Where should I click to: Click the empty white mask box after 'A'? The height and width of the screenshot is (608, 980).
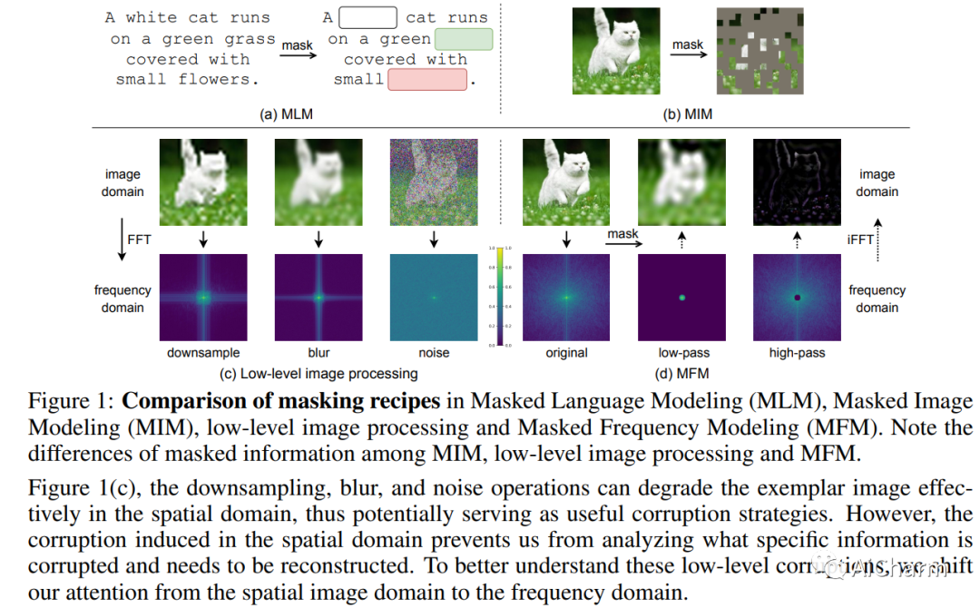(x=367, y=17)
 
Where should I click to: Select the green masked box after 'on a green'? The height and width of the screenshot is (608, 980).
(x=464, y=39)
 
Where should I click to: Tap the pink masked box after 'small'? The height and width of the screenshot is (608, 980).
(x=426, y=79)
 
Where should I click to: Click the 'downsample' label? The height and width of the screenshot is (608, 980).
(x=203, y=352)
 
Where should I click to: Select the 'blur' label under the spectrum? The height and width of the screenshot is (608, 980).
(x=318, y=352)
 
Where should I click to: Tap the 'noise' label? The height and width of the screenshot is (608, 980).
(x=434, y=352)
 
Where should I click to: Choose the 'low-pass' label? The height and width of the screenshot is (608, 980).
(x=683, y=352)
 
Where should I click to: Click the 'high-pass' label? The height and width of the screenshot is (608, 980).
(x=799, y=352)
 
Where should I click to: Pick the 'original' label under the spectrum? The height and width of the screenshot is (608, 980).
(x=567, y=352)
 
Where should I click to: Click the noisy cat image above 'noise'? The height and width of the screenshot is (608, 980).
(x=434, y=182)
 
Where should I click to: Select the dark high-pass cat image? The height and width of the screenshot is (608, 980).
(x=799, y=182)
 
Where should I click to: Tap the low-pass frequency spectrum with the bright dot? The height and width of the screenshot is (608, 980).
(x=683, y=298)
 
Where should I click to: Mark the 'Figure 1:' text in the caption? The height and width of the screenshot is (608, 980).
(x=71, y=401)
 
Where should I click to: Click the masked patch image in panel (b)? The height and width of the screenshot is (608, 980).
(x=760, y=51)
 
